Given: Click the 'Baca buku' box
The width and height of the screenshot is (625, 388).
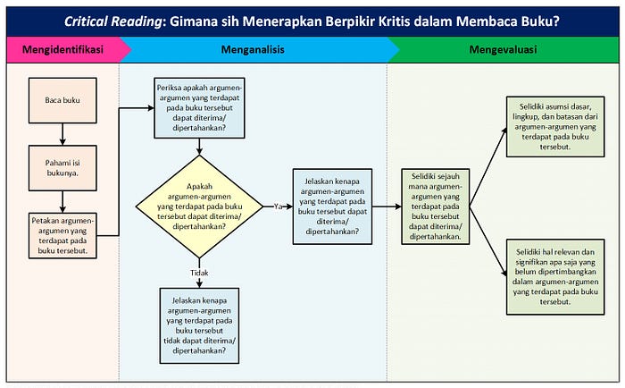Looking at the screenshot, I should coord(62,100).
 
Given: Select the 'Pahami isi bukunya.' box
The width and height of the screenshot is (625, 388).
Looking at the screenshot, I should coord(62,167).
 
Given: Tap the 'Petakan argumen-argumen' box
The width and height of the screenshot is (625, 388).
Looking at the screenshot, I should coord(62,235).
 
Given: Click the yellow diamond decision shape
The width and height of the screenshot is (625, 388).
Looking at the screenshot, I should coord(199,206).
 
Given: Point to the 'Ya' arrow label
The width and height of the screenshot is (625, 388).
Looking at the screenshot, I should coord(278,207).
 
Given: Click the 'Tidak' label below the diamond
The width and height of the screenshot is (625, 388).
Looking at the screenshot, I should coord(199,273).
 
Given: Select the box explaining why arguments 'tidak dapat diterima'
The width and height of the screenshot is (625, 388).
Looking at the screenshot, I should coord(199,325).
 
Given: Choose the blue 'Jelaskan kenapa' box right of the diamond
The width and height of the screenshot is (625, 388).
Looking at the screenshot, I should coord(331,206).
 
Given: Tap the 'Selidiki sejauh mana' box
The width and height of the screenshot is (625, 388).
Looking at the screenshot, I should coord(437,207).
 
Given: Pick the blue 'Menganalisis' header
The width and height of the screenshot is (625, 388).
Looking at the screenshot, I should coord(254,50).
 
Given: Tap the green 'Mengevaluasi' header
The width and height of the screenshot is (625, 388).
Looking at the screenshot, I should coord(503,50).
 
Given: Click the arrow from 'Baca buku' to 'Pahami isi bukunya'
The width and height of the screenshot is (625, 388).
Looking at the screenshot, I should coord(62,134).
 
